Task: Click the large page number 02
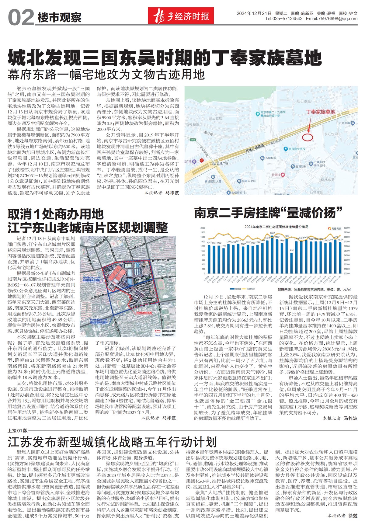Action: (21, 17)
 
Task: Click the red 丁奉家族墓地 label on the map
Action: (320, 112)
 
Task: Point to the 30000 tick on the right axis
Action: (346, 228)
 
